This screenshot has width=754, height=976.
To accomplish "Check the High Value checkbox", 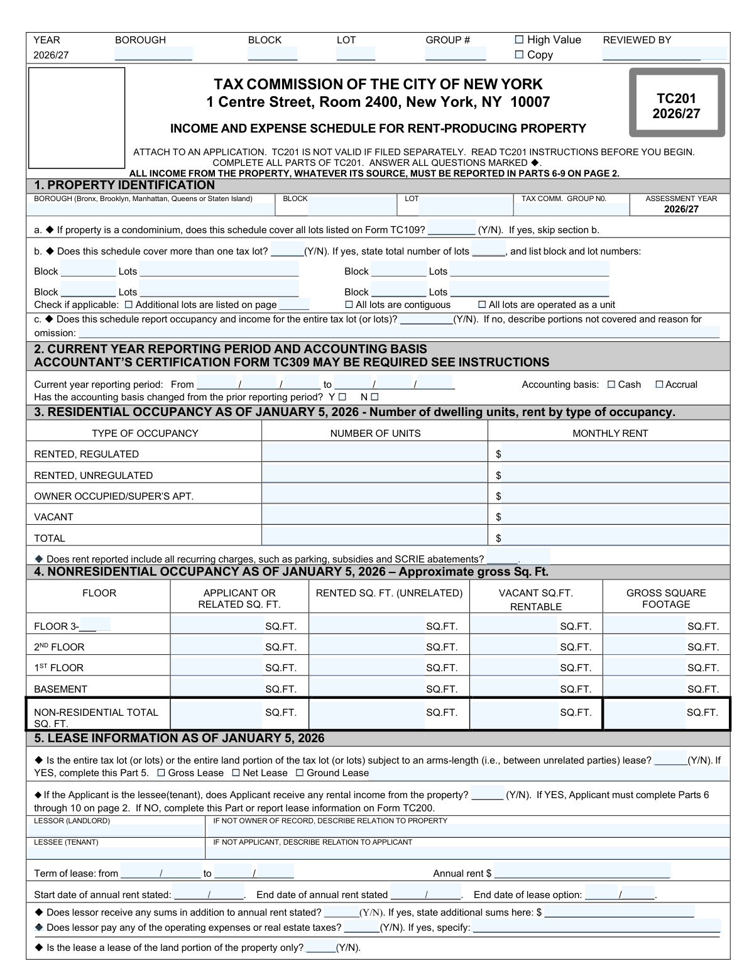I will point(519,40).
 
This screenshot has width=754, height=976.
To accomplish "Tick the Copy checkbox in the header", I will point(519,55).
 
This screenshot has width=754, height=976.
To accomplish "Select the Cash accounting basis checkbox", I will point(611,385).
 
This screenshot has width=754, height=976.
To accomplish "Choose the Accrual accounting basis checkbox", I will point(659,385).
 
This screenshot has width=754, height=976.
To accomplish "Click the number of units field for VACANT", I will point(374,517).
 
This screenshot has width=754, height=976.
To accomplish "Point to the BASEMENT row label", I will point(60,689).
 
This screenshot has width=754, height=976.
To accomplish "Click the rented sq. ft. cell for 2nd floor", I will point(368,647).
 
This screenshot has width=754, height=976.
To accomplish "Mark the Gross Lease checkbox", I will point(161,773).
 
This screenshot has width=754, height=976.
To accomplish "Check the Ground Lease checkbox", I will point(300,773).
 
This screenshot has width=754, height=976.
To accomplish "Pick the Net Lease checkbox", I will point(236,773).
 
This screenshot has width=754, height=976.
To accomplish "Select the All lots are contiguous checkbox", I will point(349,305).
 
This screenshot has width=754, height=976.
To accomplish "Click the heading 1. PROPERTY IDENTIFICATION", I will point(124,185).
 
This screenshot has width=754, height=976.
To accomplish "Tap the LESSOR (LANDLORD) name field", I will point(116,830).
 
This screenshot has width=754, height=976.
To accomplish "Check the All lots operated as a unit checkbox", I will point(483,305).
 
